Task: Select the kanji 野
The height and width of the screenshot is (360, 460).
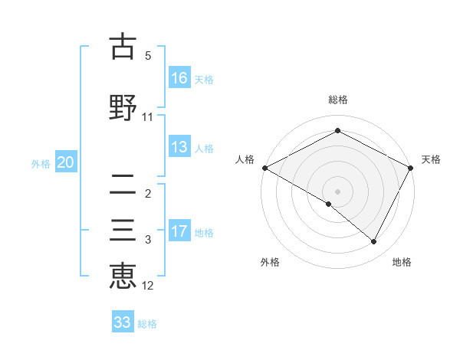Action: tap(123, 106)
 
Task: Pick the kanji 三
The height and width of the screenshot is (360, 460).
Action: tap(123, 232)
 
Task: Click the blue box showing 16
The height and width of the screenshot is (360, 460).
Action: tap(179, 77)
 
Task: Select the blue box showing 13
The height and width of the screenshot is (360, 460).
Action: tap(179, 147)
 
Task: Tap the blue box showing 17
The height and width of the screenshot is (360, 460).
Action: tap(179, 231)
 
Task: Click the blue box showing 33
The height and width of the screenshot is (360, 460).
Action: tap(123, 322)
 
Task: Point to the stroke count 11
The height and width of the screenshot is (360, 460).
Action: tap(148, 117)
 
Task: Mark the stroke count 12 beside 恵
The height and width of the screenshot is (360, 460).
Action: tap(148, 286)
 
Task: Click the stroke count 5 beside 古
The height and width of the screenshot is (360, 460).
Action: tap(148, 56)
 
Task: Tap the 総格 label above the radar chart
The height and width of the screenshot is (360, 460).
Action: tap(337, 100)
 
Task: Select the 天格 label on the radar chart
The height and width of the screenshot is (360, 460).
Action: tap(432, 159)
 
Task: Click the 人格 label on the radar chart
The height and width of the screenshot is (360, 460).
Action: tap(245, 159)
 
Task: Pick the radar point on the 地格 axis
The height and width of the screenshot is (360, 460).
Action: tap(374, 242)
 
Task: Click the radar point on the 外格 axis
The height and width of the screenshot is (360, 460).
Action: tap(329, 204)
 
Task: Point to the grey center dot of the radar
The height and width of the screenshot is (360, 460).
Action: tap(337, 191)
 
